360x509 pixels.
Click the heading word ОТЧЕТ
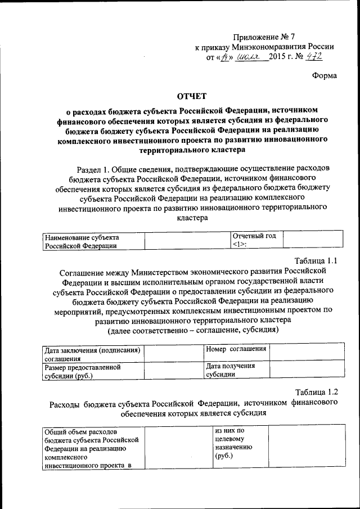coord(192,96)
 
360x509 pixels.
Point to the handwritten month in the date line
coord(251,57)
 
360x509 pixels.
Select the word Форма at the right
coord(325,76)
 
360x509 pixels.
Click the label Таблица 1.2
coord(317,392)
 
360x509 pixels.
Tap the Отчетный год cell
coord(256,240)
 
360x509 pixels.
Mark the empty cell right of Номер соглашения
coord(306,353)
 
